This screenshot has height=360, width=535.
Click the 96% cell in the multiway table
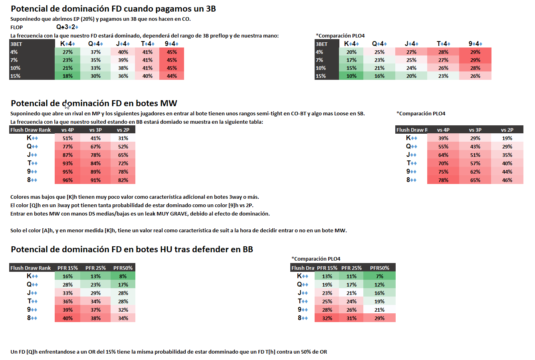pyautogui.click(x=67, y=180)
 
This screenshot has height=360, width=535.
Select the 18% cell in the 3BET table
pyautogui.click(x=67, y=76)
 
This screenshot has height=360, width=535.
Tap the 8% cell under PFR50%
pyautogui.click(x=123, y=276)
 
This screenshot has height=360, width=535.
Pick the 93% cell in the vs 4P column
pyautogui.click(x=67, y=163)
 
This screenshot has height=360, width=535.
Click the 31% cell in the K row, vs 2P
pyautogui.click(x=123, y=138)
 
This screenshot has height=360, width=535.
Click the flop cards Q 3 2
pyautogui.click(x=67, y=27)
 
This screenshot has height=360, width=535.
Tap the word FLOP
pyautogui.click(x=17, y=27)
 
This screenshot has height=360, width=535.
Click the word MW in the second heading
pyautogui.click(x=168, y=103)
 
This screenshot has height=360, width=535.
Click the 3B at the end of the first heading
pyautogui.click(x=210, y=9)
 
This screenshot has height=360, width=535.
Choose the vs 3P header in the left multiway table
pyautogui.click(x=95, y=130)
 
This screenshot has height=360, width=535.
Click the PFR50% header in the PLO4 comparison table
pyautogui.click(x=379, y=268)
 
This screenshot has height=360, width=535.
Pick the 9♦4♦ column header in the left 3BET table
pyautogui.click(x=172, y=44)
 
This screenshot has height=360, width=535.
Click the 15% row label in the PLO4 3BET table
pyautogui.click(x=321, y=76)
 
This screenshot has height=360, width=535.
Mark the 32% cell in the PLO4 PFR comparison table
pyautogui.click(x=327, y=318)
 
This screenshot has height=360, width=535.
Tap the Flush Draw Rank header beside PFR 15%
pyautogui.click(x=31, y=268)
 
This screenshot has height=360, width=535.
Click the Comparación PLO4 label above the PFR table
pyautogui.click(x=316, y=259)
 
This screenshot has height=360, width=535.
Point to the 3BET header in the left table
pyautogui.click(x=16, y=44)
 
